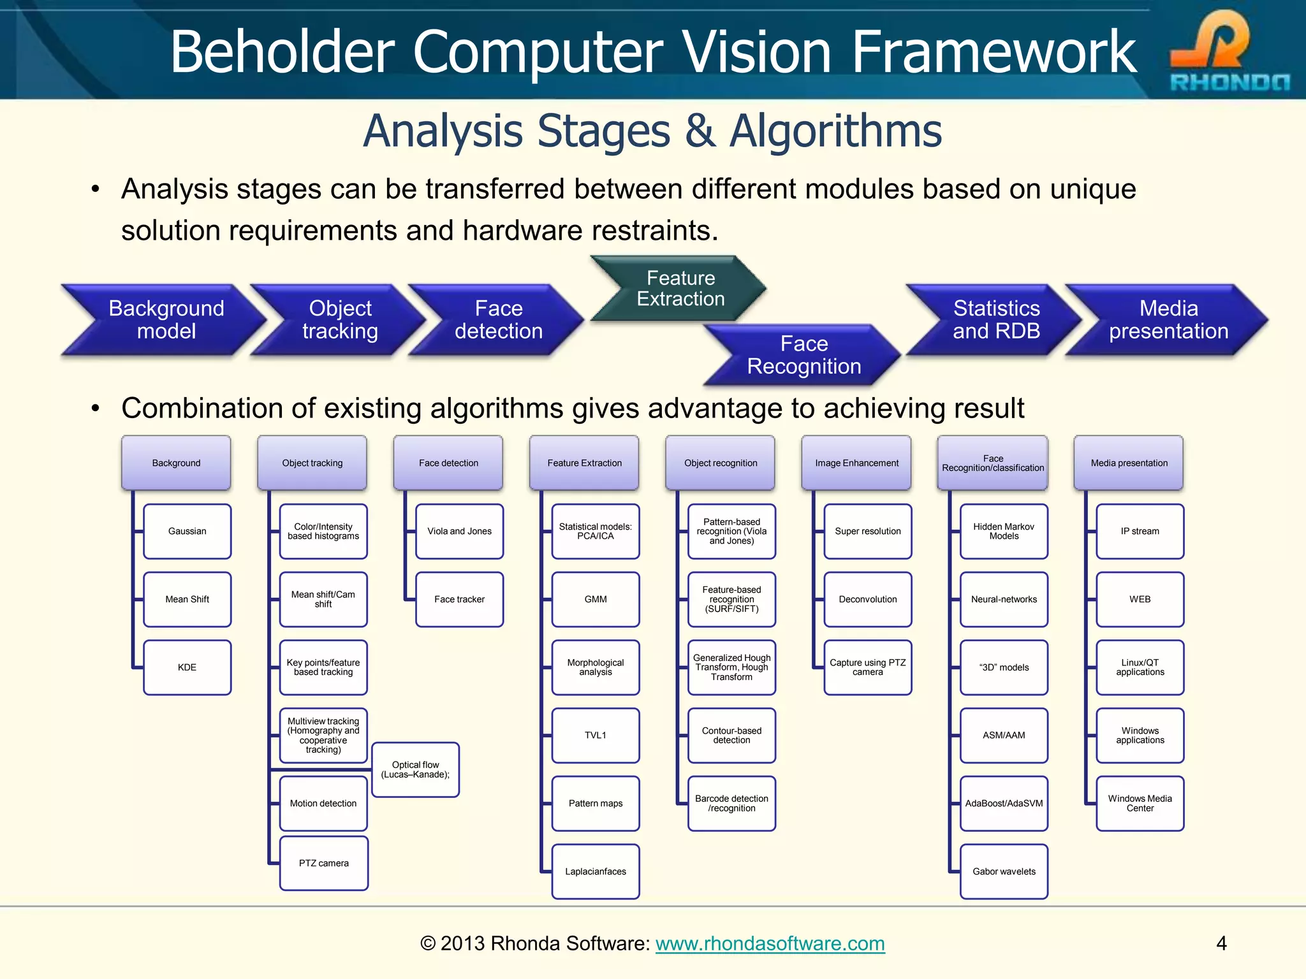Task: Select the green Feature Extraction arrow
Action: click(680, 288)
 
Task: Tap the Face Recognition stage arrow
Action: click(803, 355)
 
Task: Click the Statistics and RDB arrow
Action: click(995, 319)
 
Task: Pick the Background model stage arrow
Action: click(165, 319)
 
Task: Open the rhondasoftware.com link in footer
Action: click(770, 943)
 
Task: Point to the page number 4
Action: click(1221, 943)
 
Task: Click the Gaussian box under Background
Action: click(187, 532)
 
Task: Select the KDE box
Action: click(187, 667)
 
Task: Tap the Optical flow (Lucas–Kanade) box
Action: click(415, 770)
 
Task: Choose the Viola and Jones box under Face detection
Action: click(459, 532)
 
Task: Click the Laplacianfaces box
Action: click(595, 871)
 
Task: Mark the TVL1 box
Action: click(595, 736)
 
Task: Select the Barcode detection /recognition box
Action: click(731, 803)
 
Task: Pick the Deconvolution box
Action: click(867, 599)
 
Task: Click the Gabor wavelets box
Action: click(1004, 871)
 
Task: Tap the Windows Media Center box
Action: click(1140, 803)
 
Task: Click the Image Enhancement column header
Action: click(856, 463)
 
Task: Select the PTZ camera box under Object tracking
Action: click(323, 863)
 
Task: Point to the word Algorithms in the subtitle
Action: click(835, 131)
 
